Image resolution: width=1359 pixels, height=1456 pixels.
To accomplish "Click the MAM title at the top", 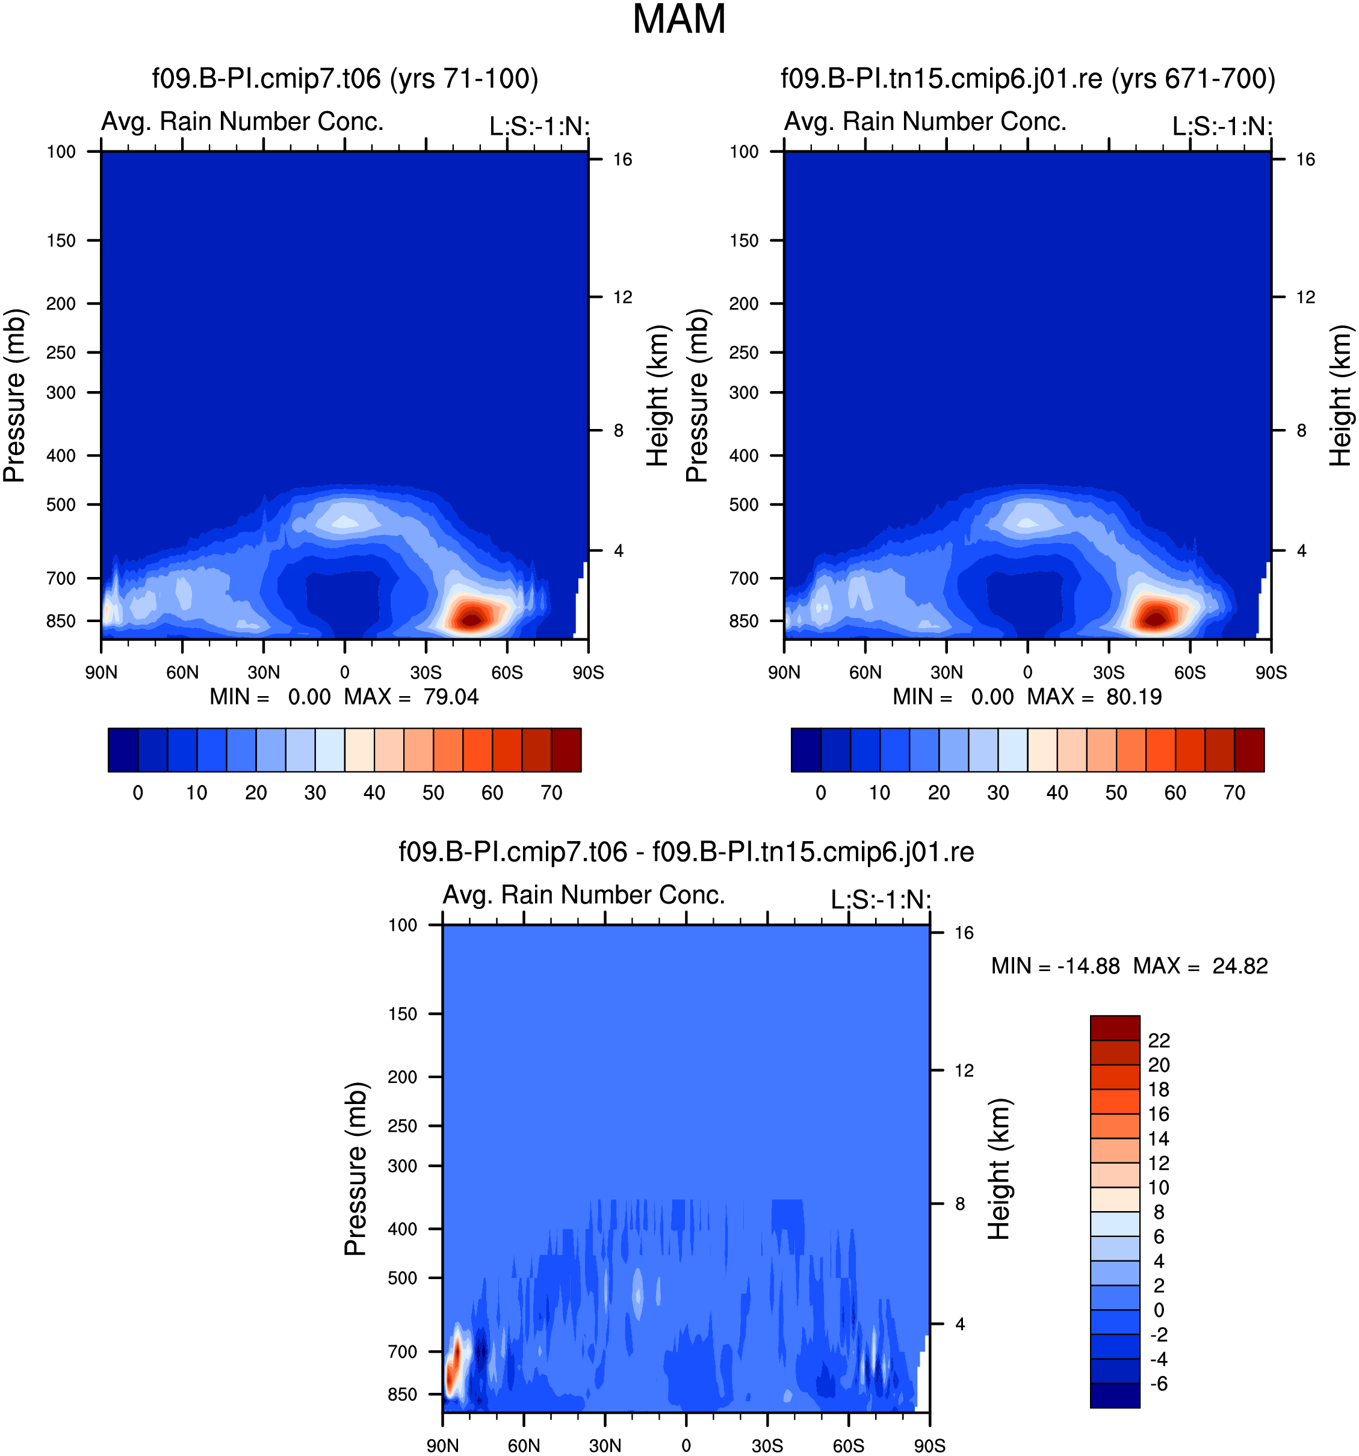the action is tap(678, 20).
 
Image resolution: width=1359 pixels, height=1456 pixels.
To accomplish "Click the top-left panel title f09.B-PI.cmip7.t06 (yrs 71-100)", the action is tap(345, 78).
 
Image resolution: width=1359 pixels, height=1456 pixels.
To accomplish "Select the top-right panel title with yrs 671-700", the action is tap(1028, 78).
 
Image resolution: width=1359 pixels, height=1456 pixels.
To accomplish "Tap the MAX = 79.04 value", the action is tap(411, 697).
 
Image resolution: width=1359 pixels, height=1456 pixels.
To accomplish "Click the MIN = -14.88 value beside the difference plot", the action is tap(1055, 966).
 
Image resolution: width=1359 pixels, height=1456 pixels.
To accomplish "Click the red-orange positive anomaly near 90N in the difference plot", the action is tap(453, 1364).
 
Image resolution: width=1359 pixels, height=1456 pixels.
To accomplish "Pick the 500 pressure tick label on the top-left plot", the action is tap(61, 505).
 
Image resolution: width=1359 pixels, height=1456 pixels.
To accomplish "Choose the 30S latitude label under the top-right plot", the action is tap(1109, 672).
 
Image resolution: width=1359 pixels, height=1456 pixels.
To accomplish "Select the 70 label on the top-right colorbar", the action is tap(1234, 792).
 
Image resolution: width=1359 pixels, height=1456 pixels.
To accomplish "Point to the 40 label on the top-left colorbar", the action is tap(374, 792).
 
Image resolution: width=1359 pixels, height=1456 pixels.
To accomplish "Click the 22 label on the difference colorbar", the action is tap(1159, 1041).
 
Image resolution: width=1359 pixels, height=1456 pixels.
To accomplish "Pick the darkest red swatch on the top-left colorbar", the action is tap(566, 750).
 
